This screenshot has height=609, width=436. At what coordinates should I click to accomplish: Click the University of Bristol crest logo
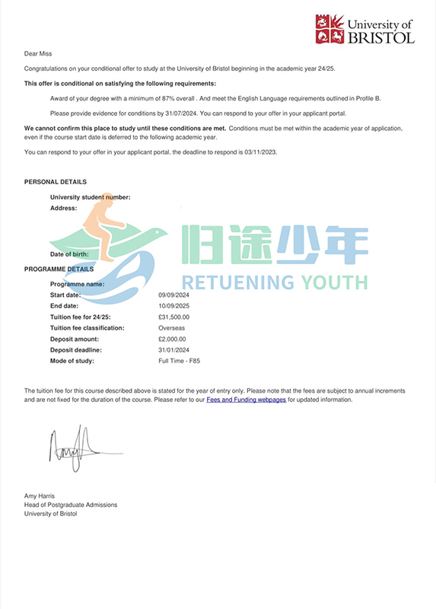pos(329,29)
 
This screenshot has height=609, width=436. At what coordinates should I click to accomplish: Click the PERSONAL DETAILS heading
pos(55,182)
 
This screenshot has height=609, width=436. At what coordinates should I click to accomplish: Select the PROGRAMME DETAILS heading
pos(59,269)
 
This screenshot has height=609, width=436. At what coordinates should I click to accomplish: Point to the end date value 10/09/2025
pos(176,306)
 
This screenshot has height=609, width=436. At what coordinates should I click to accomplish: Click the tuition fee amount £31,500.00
pos(174,317)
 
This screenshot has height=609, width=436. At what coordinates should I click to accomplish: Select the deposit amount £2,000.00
pos(172,339)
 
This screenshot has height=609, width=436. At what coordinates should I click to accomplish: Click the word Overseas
pos(172,328)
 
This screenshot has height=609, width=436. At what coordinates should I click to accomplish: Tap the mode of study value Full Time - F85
pos(180,361)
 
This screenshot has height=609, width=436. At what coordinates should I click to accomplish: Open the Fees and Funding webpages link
pos(246,399)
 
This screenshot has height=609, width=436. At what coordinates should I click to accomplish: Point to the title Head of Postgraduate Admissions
pos(71,505)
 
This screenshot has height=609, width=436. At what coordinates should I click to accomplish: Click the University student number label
pos(90,197)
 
